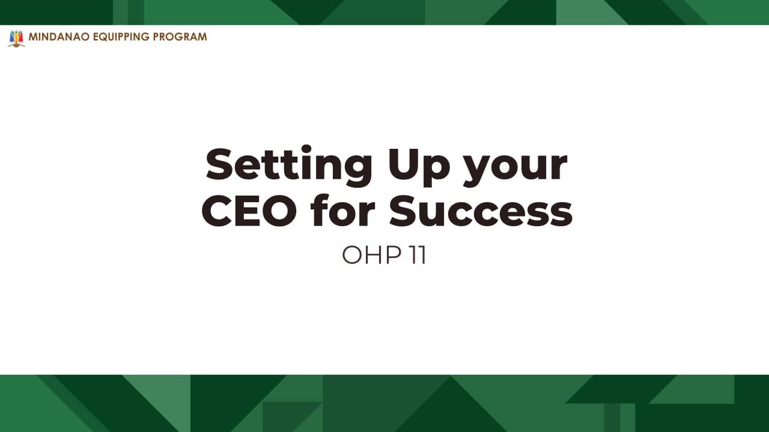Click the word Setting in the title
tap(289, 166)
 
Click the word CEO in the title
tap(249, 210)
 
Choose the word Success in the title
tap(481, 210)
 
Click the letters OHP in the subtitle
tap(371, 255)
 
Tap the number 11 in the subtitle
tap(418, 255)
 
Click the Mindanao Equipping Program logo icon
tap(16, 38)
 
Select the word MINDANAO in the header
tap(59, 37)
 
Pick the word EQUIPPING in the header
tap(121, 37)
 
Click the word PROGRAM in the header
tap(180, 37)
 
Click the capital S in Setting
tap(220, 164)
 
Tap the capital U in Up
tap(403, 164)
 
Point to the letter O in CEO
tap(279, 211)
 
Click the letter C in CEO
tap(216, 211)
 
